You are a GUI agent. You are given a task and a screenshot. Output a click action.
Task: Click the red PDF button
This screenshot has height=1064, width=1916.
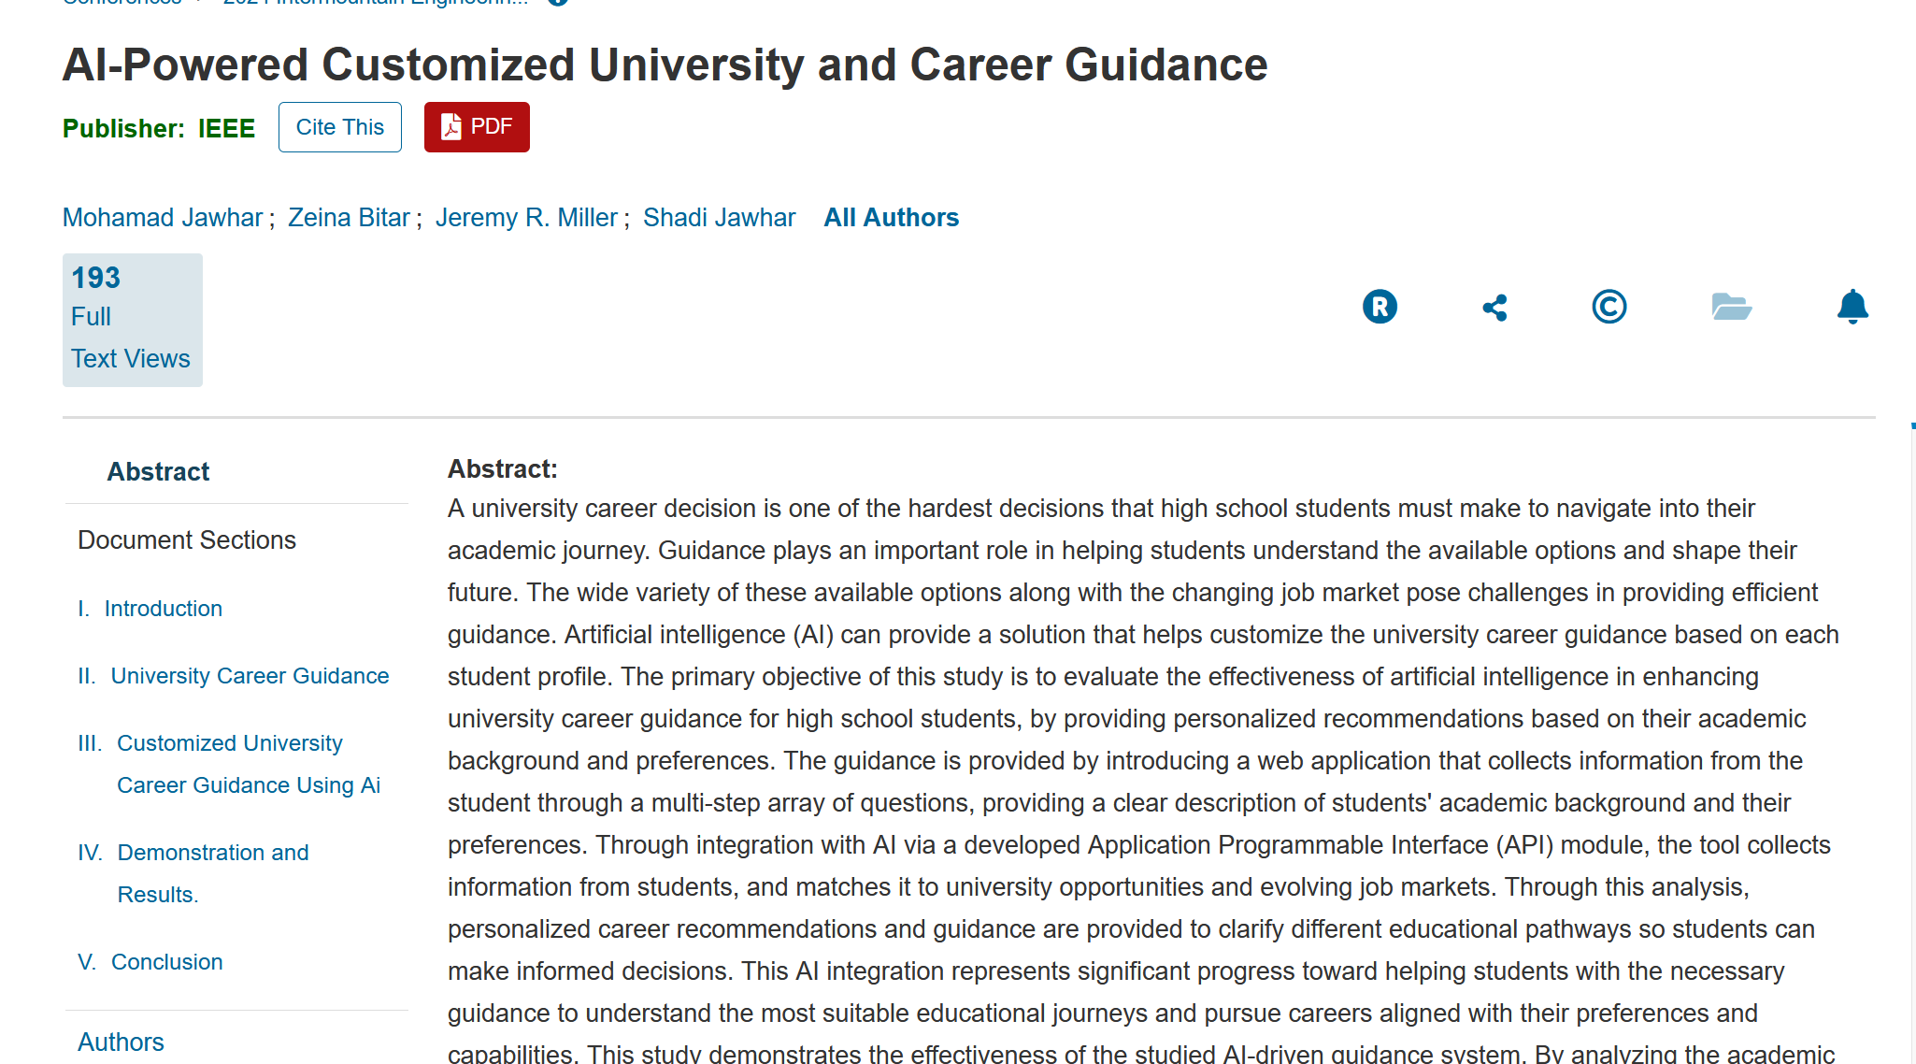tap(477, 127)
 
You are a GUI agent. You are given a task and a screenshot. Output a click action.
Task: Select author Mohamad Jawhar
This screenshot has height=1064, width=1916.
tap(163, 218)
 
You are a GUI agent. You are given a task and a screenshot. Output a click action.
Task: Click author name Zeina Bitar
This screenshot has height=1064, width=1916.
tap(349, 218)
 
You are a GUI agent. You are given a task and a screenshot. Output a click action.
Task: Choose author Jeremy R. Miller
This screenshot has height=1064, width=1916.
tap(526, 218)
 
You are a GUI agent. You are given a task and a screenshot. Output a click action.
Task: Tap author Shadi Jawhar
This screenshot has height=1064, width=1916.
tap(719, 218)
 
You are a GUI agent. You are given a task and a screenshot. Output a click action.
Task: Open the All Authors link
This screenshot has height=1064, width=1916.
tap(891, 218)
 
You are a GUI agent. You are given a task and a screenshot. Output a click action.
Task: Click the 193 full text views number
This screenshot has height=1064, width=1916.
tap(96, 278)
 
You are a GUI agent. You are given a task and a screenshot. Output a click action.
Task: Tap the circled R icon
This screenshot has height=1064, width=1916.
tap(1380, 307)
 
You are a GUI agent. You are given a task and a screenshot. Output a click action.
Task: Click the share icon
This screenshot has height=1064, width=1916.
tap(1494, 308)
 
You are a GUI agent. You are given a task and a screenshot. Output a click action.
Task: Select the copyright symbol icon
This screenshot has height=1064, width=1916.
tap(1609, 307)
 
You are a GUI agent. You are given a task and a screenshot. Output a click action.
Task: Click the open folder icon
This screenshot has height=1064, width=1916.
tap(1731, 307)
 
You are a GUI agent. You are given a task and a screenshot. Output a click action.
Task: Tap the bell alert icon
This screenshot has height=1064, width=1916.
tap(1852, 307)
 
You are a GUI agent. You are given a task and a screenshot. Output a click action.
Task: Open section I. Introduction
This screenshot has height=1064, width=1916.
tap(163, 609)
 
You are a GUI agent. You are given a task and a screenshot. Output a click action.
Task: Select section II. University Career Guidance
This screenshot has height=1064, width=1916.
tap(250, 676)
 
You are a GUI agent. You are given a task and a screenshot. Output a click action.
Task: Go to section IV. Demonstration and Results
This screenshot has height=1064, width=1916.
tap(213, 853)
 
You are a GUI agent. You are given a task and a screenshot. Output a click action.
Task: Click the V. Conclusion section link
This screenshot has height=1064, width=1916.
tap(166, 962)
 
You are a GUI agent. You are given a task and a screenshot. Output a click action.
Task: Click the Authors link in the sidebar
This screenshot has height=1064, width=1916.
tap(121, 1042)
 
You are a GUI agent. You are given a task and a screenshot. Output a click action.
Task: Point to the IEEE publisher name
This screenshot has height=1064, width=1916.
tap(226, 128)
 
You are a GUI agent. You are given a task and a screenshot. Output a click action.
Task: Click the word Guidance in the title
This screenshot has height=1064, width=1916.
tap(1165, 65)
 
